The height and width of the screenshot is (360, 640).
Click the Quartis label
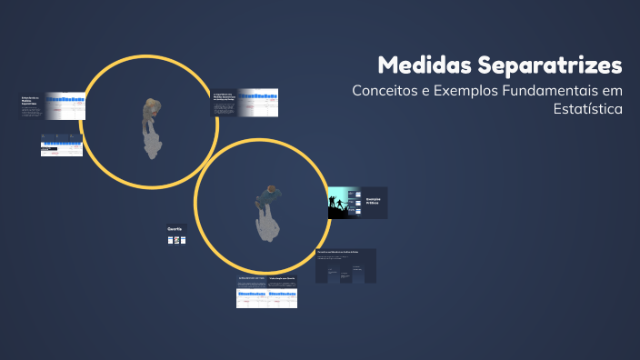coord(175,227)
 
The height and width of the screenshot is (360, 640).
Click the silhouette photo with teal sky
coord(344,203)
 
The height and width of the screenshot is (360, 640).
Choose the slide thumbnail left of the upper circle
coord(52,105)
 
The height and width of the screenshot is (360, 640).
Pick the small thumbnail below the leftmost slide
coord(62,145)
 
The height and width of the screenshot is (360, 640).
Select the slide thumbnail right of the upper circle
coord(245,102)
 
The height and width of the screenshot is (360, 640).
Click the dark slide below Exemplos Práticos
coord(345,265)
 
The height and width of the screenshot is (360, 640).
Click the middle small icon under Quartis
coord(177,240)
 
